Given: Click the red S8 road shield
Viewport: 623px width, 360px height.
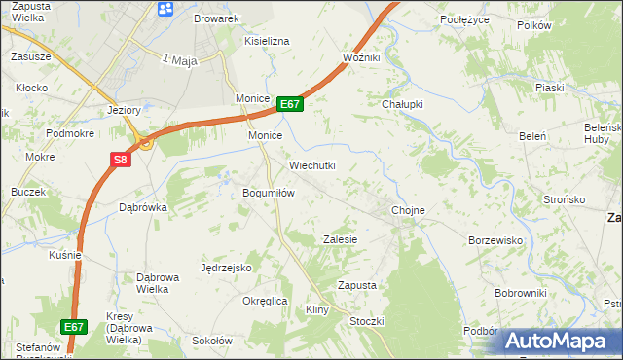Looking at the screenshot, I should point(118,161).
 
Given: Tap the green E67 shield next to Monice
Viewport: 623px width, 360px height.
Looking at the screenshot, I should point(290,104).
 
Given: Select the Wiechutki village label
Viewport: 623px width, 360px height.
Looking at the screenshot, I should point(311,165).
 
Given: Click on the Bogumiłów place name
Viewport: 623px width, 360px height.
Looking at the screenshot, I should point(269,193).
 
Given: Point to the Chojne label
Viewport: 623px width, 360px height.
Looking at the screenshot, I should point(408,210).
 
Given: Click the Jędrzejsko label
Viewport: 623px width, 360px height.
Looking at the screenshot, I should point(226,267).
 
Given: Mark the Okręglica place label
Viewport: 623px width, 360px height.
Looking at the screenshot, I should point(265,301).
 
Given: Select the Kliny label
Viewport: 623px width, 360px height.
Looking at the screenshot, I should point(318,309).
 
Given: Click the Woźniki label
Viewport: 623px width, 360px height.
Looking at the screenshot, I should point(361,58).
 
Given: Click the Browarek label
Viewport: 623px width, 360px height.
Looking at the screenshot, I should point(216,18).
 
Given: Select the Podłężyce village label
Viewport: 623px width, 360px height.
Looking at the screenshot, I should point(463,18).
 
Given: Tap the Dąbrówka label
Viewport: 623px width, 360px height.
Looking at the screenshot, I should point(143,207).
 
